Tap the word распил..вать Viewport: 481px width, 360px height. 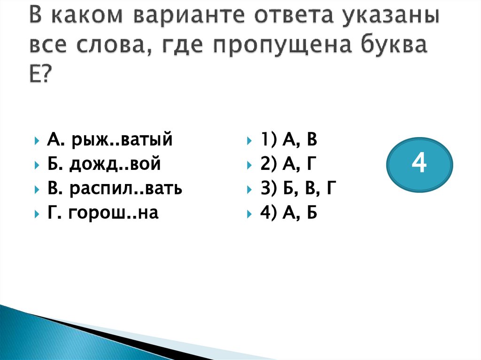[x=126, y=189]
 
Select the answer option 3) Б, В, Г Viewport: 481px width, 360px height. [x=299, y=189]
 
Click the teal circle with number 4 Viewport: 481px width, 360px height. [x=419, y=165]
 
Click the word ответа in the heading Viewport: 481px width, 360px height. [x=295, y=18]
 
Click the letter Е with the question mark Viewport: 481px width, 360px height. [x=39, y=72]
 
